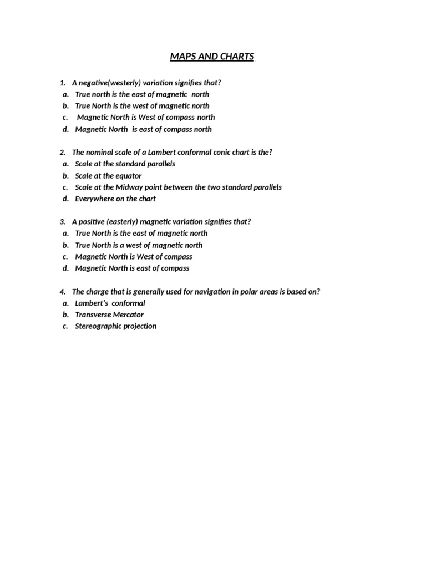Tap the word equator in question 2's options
[x=127, y=176]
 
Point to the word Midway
[x=131, y=187]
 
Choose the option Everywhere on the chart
[x=115, y=199]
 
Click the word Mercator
[x=130, y=315]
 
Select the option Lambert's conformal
[x=110, y=303]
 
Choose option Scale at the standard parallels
[x=125, y=164]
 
